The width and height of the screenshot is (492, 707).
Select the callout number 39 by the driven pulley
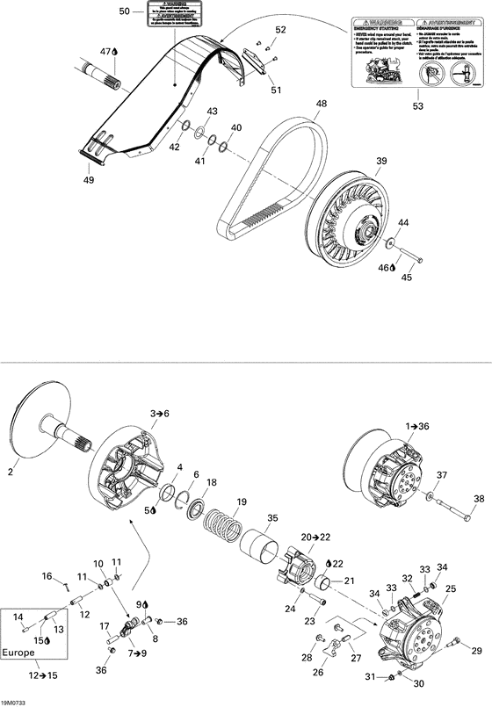coord(381,162)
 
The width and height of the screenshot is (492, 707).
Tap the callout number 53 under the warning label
coord(417,106)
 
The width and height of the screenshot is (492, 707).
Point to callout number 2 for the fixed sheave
coord(11,472)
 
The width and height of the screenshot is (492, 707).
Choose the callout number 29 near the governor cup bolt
coord(476,651)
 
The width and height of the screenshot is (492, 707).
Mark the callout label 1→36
coord(417,426)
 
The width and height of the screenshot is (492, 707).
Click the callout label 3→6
coord(159,413)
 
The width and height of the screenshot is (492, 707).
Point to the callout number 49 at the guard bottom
coord(88,181)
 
